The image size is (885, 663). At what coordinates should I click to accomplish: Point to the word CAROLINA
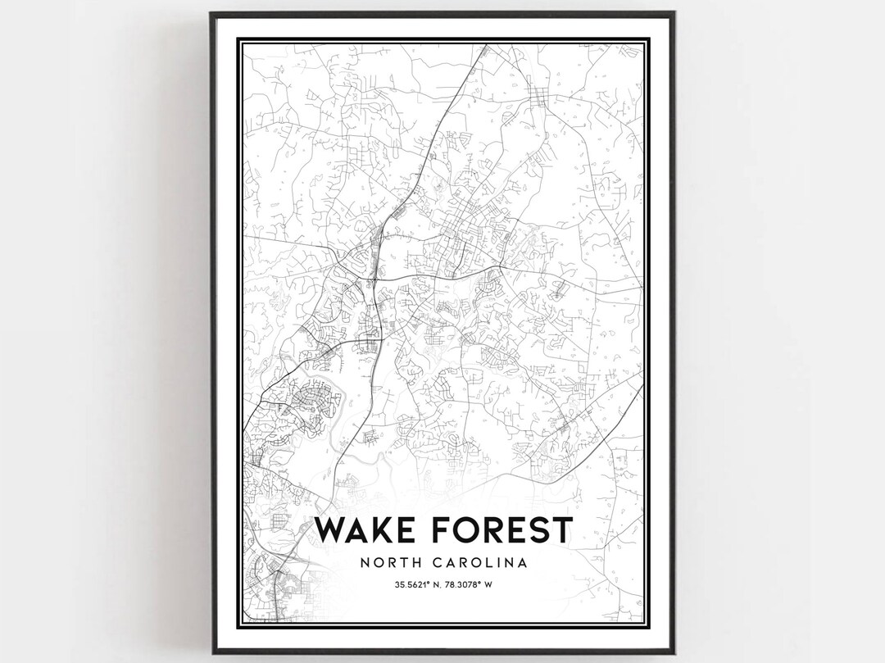480,563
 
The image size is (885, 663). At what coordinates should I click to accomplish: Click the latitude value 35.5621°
408,584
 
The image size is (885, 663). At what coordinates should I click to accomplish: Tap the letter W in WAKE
331,531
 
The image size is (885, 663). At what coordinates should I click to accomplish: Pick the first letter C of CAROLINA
441,563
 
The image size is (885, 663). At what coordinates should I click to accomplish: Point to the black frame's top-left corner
211,13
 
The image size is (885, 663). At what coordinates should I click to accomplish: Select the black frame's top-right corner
674,13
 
